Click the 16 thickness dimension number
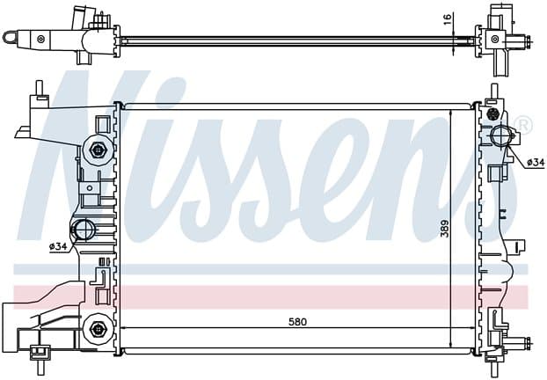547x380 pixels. click(448, 18)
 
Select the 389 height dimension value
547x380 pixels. click(444, 229)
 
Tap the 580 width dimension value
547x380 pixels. click(297, 322)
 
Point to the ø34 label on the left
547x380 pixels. click(58, 246)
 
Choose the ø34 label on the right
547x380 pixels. click(536, 162)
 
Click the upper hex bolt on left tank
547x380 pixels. click(97, 150)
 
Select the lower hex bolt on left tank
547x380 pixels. click(96, 329)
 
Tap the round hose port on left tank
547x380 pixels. click(83, 230)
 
